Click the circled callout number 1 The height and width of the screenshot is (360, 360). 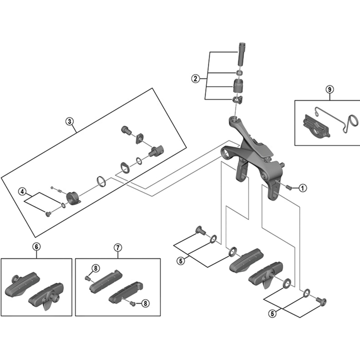(302, 188)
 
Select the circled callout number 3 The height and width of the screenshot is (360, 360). (70, 121)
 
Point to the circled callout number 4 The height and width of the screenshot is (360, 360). (22, 192)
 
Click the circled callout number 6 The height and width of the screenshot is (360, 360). (36, 247)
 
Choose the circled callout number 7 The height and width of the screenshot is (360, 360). (118, 247)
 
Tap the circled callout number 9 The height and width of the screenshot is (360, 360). (330, 89)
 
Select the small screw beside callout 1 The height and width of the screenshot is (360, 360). (289, 188)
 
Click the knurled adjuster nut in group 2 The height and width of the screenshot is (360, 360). (239, 85)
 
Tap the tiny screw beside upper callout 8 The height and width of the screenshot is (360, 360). (87, 278)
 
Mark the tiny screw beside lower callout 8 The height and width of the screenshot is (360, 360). (133, 303)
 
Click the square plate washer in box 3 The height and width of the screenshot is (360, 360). (139, 138)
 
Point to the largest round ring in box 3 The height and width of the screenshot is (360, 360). (102, 181)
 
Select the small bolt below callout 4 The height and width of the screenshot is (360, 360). (48, 214)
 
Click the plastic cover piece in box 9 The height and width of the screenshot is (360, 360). (318, 126)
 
